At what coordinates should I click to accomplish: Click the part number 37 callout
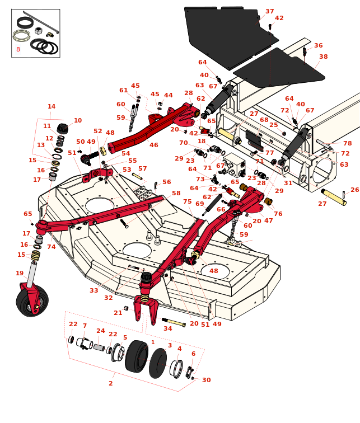(x=270, y=11)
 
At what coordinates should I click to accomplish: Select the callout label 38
(x=324, y=57)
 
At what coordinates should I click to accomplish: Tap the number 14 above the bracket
(x=52, y=106)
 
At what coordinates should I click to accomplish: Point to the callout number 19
(x=20, y=273)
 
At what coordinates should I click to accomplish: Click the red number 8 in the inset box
(x=18, y=49)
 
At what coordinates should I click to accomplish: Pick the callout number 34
(x=168, y=328)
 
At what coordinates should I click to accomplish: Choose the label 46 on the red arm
(x=153, y=145)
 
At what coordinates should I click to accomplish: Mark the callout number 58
(x=176, y=193)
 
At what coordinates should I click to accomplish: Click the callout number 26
(x=354, y=190)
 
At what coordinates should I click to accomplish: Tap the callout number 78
(x=348, y=143)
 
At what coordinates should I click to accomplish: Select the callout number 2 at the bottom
(x=110, y=383)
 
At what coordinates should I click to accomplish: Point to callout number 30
(x=207, y=380)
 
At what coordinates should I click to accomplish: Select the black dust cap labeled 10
(x=62, y=128)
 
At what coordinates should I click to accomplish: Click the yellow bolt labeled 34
(x=174, y=322)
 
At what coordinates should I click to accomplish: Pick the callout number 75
(x=187, y=201)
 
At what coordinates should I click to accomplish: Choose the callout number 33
(x=93, y=290)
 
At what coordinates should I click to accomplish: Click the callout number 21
(x=118, y=313)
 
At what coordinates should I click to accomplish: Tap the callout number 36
(x=318, y=45)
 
